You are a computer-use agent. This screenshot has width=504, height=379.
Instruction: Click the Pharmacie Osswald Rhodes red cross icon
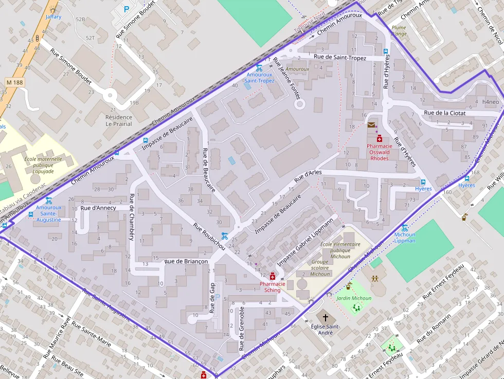point(380,139)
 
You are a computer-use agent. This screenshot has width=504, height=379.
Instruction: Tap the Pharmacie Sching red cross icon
point(273,276)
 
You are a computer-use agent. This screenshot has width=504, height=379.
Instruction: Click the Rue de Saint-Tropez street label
point(339,58)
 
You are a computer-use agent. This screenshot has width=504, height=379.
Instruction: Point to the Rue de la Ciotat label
point(444,113)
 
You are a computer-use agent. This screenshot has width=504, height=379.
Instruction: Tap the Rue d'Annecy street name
point(98,208)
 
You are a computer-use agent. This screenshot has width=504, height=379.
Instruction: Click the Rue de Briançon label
point(186,261)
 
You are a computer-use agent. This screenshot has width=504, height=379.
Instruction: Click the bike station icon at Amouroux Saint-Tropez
point(259,68)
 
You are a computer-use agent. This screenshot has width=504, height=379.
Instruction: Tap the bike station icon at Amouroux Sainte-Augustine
point(48,201)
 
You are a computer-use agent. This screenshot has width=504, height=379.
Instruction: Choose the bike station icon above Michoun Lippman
point(405,228)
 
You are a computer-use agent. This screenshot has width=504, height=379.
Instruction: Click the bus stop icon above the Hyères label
point(423,182)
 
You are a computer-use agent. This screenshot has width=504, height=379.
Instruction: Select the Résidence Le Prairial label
point(119,120)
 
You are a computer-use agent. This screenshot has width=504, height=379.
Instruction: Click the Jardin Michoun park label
point(354,298)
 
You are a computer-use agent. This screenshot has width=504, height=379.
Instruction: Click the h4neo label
point(491,102)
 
